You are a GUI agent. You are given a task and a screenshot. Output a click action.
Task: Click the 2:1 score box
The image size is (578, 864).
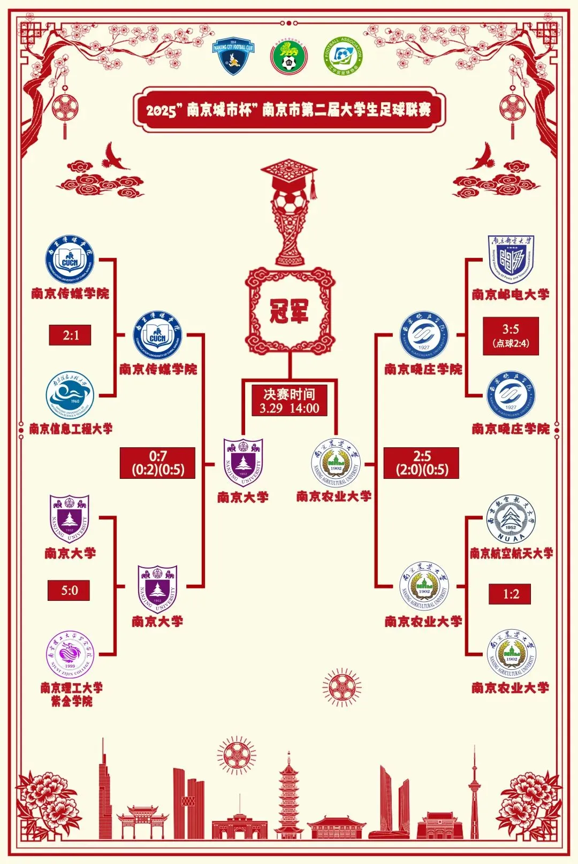tap(70, 335)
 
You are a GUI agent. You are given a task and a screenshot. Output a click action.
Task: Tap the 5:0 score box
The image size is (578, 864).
tap(69, 591)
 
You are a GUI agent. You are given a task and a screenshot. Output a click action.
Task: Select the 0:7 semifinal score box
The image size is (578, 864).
tap(157, 463)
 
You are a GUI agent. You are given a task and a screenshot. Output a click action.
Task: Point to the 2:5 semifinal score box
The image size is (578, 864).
tap(422, 463)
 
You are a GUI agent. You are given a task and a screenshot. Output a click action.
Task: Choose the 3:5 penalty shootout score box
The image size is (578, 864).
tap(511, 336)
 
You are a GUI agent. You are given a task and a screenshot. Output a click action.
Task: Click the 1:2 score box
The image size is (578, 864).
tap(510, 594)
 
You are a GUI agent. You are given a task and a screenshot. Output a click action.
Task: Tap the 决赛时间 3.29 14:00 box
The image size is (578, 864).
tap(290, 401)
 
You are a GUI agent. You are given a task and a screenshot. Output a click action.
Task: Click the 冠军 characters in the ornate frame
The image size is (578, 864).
tap(290, 310)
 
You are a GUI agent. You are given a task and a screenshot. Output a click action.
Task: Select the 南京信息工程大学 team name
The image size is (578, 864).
tap(71, 429)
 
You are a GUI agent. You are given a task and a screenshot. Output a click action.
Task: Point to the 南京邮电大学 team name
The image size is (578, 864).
tap(511, 294)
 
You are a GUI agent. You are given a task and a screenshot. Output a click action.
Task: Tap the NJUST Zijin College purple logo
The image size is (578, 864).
tap(70, 655)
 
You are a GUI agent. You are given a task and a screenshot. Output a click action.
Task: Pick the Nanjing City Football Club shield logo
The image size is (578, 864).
tap(233, 56)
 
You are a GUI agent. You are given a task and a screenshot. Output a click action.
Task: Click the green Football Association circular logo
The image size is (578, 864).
tap(343, 56)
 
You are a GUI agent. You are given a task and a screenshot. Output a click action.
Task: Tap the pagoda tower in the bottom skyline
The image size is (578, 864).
tap(289, 792)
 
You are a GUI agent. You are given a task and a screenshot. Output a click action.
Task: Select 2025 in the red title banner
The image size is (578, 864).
tap(161, 111)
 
